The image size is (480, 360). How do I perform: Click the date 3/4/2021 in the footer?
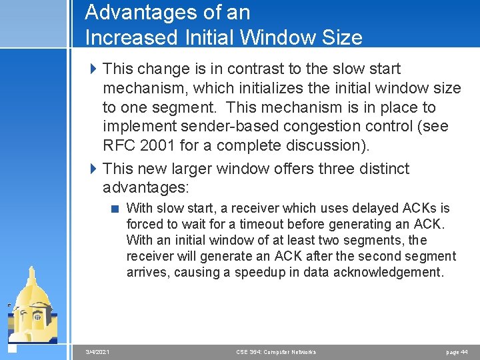coord(98,352)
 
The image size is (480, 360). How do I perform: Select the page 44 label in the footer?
coord(457,352)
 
